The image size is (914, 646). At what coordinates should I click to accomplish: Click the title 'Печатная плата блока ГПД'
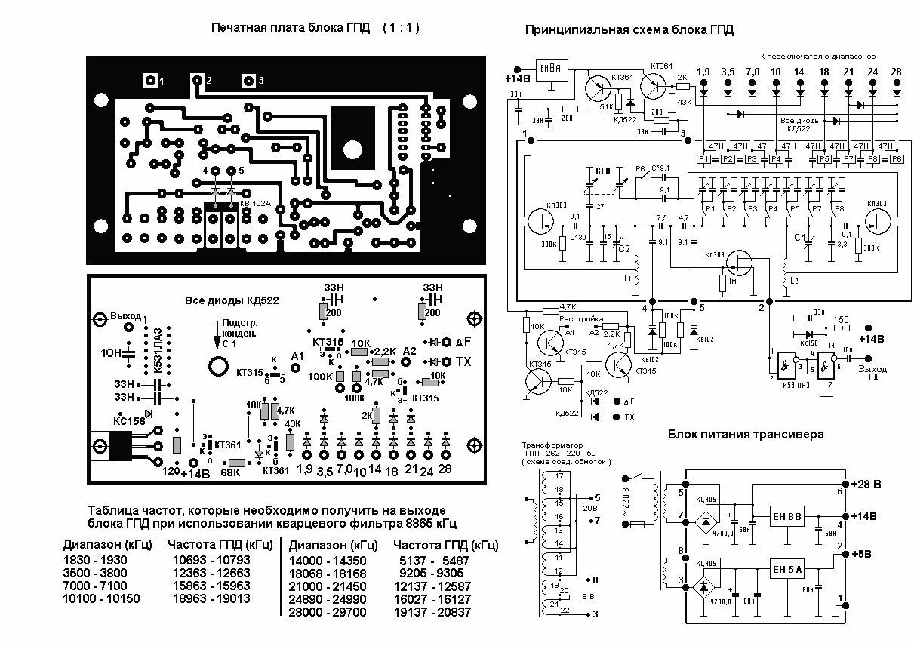[x=291, y=28]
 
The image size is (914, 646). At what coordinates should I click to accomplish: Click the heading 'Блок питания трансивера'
[x=745, y=435]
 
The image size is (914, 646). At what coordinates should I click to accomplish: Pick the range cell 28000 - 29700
[x=328, y=612]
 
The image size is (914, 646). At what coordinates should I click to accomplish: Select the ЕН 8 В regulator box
[x=787, y=517]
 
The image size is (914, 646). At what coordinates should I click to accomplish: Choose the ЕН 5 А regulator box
[x=787, y=568]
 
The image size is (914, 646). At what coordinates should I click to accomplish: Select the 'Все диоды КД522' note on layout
[x=232, y=300]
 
